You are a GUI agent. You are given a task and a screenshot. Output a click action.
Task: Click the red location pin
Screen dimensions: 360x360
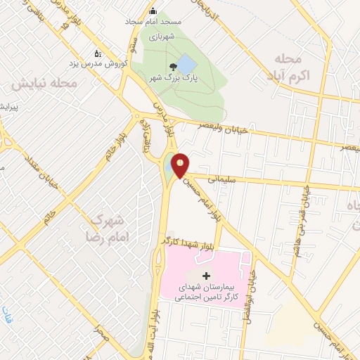[x=181, y=165]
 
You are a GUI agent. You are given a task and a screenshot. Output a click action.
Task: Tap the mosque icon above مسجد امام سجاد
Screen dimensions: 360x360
[x=153, y=11]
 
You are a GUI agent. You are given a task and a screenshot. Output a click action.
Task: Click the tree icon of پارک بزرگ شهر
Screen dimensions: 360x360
[x=172, y=67]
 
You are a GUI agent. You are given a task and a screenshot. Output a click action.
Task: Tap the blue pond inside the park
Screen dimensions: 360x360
[x=186, y=66]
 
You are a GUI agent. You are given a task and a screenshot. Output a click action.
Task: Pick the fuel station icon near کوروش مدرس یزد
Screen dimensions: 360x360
[x=98, y=52]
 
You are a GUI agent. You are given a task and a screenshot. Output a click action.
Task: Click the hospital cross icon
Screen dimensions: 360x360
[x=205, y=275]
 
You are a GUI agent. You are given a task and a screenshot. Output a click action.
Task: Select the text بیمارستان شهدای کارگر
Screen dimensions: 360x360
[x=203, y=292]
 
